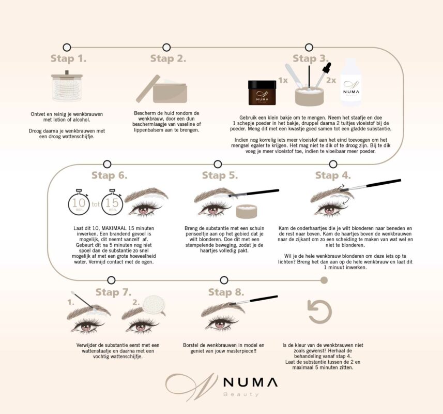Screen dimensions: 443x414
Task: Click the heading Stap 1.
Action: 68,58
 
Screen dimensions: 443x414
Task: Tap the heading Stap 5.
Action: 220,175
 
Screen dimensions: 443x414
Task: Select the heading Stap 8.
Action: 226,292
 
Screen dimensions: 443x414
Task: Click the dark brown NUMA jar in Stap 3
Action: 262,93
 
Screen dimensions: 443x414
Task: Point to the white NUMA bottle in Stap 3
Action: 350,82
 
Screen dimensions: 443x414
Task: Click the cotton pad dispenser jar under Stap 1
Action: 67,86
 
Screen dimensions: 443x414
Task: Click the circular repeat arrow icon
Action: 319,312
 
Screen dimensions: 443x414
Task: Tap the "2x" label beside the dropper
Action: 331,80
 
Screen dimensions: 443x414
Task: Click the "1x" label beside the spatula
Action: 283,80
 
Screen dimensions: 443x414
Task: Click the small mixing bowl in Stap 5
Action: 247,211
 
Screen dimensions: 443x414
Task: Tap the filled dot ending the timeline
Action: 324,280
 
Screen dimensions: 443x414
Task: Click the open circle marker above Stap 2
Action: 166,47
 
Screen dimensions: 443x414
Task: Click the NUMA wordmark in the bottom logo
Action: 250,382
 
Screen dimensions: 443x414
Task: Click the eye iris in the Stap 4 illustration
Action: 329,210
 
